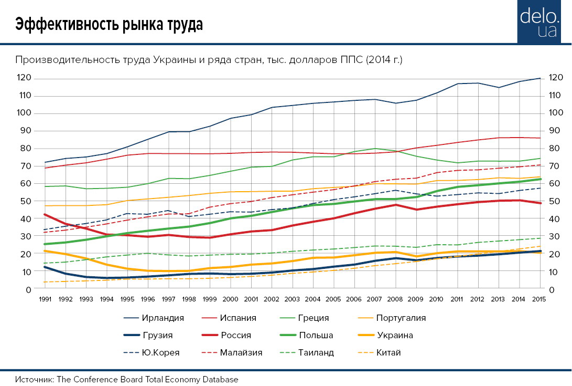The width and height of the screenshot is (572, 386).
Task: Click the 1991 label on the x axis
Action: pyautogui.click(x=45, y=299)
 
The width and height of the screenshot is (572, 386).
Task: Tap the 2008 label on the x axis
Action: pyautogui.click(x=395, y=299)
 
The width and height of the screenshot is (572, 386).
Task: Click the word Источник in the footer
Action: pyautogui.click(x=34, y=379)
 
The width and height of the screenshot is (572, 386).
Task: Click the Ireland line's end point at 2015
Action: pyautogui.click(x=540, y=78)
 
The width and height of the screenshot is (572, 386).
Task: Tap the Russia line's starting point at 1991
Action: pyautogui.click(x=45, y=214)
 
